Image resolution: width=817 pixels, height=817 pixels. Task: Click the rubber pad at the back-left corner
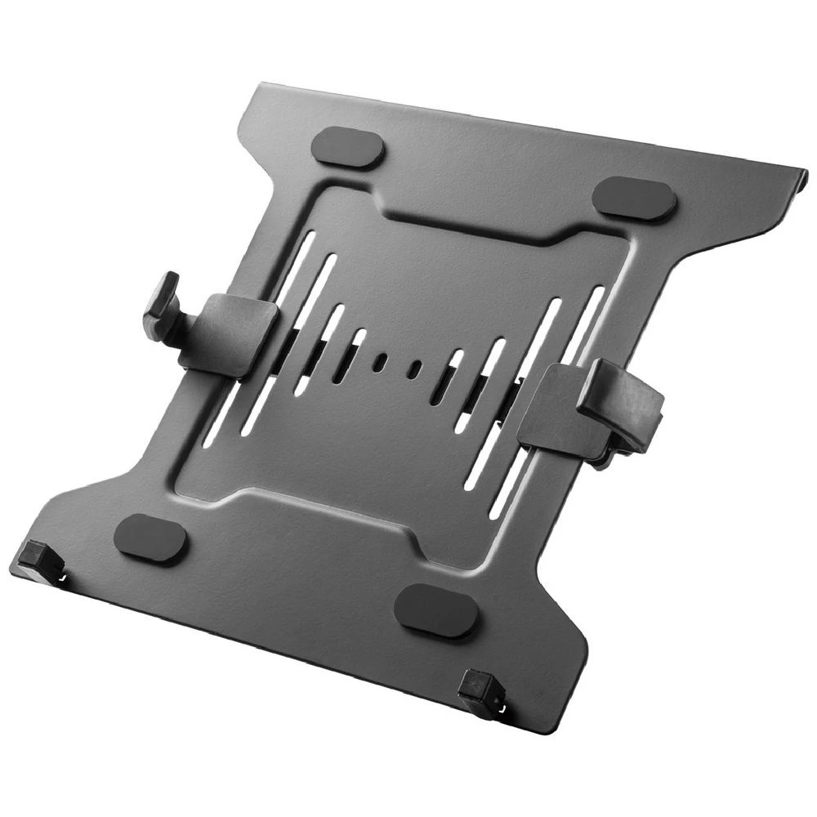point(347,149)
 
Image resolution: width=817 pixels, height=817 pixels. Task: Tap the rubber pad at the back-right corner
point(634,199)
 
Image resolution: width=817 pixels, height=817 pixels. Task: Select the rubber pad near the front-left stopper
point(150,539)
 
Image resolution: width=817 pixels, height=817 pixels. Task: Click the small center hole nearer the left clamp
point(379,361)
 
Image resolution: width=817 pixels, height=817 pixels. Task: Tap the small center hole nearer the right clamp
point(416,370)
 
